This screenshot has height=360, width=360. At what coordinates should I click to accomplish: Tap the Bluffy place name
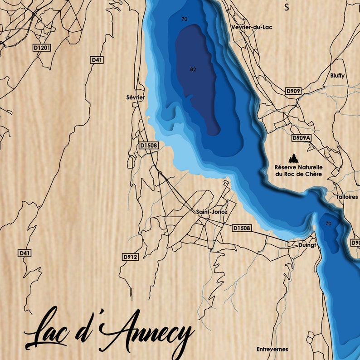pos(337,76)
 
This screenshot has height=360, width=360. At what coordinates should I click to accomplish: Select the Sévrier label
pos(136,97)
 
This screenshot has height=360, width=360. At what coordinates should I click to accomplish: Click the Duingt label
pos(307,245)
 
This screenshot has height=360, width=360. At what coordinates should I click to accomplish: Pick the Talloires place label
pos(347,197)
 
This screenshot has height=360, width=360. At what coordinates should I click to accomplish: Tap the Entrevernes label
pos(272,349)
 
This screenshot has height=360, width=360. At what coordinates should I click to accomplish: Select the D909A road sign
pos(302,137)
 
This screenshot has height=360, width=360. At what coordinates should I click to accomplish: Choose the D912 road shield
pos(130,257)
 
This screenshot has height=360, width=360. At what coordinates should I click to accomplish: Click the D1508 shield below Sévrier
pos(148,145)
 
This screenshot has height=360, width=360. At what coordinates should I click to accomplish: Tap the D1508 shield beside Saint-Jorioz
pos(241,228)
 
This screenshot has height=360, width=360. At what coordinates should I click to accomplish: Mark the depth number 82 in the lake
pos(194,69)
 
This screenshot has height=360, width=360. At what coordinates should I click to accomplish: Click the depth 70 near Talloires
pos(328,224)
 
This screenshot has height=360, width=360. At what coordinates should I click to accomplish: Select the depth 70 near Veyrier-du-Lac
pos(184,19)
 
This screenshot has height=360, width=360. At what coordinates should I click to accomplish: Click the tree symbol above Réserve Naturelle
pos(295,158)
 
